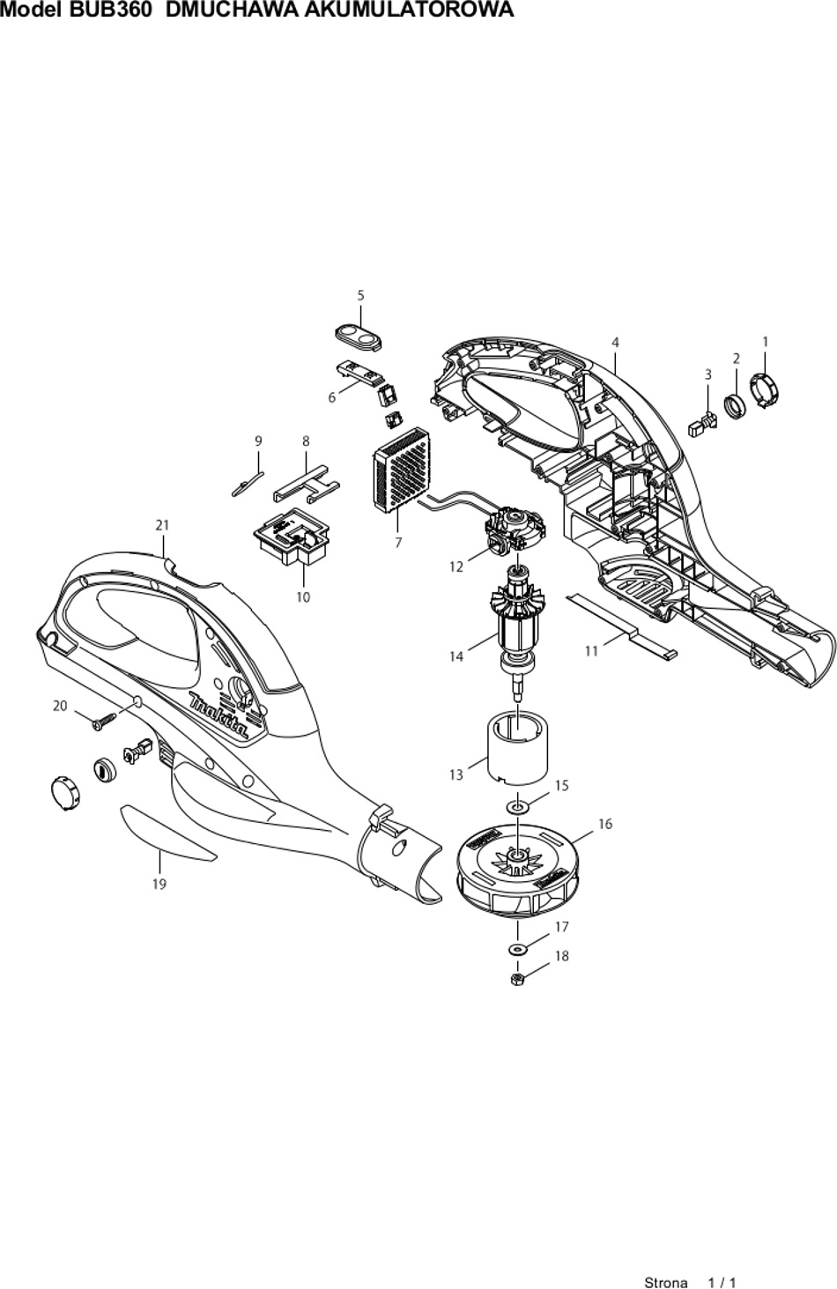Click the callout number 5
tap(360, 295)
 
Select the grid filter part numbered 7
tap(401, 470)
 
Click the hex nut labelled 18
tap(517, 978)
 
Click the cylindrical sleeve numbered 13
tap(517, 748)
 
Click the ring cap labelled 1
tap(766, 389)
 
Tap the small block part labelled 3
tap(703, 424)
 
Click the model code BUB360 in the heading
tap(110, 10)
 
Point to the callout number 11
tap(591, 651)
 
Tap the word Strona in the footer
tap(665, 1283)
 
